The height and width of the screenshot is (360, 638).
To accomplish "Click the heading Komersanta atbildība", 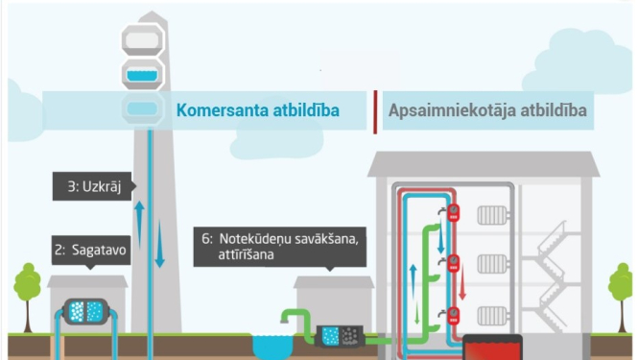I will pyautogui.click(x=257, y=110).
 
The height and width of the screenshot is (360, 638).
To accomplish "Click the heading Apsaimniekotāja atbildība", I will pyautogui.click(x=486, y=110).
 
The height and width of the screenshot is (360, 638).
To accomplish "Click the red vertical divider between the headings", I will pyautogui.click(x=374, y=110).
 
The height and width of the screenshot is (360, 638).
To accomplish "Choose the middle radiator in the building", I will pyautogui.click(x=493, y=263).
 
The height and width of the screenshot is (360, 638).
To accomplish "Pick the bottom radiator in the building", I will pyautogui.click(x=493, y=312).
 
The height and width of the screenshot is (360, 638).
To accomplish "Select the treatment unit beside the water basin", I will pyautogui.click(x=341, y=335).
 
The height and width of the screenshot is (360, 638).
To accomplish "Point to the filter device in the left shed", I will pyautogui.click(x=88, y=310).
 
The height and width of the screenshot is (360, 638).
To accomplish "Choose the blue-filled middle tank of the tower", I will pyautogui.click(x=142, y=72).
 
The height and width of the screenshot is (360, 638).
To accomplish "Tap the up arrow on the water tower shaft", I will pyautogui.click(x=139, y=220).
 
